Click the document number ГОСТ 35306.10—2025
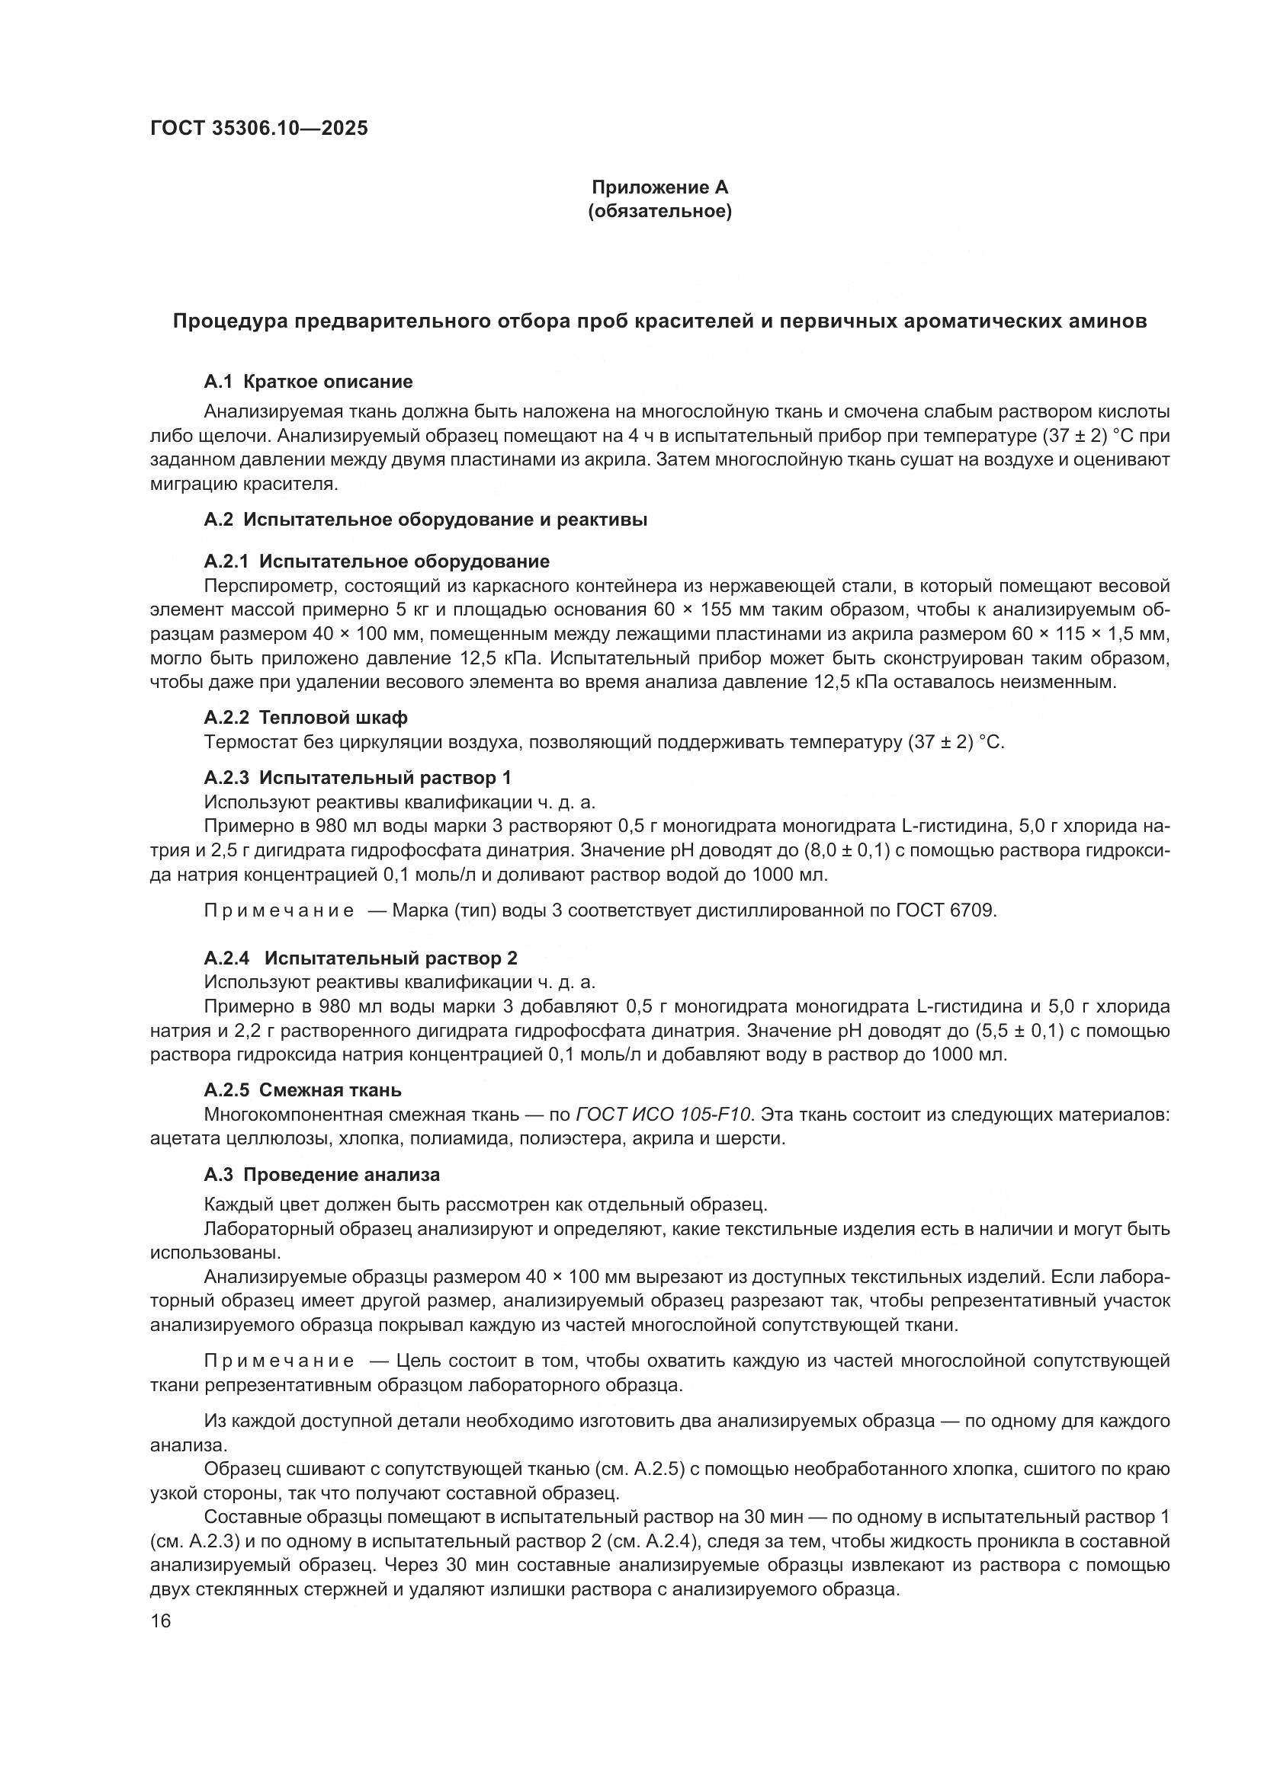258,129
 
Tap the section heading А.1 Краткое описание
308,381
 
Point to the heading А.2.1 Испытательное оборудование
377,561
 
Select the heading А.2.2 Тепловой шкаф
305,717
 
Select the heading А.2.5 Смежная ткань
302,1089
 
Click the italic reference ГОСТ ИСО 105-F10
664,1115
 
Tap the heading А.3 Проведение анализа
322,1174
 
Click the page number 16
160,1620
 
